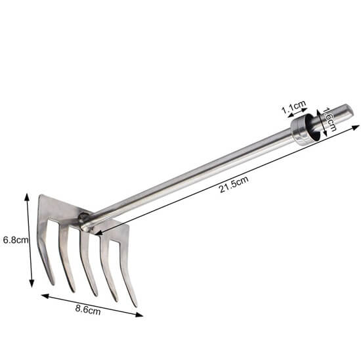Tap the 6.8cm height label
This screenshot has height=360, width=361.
tap(14, 240)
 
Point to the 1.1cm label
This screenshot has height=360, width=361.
tap(293, 106)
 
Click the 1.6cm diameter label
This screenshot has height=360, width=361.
tap(330, 120)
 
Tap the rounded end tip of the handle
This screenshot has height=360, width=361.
tap(350, 109)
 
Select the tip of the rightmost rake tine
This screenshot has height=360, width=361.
tap(135, 305)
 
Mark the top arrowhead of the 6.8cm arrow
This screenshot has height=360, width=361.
tap(27, 195)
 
